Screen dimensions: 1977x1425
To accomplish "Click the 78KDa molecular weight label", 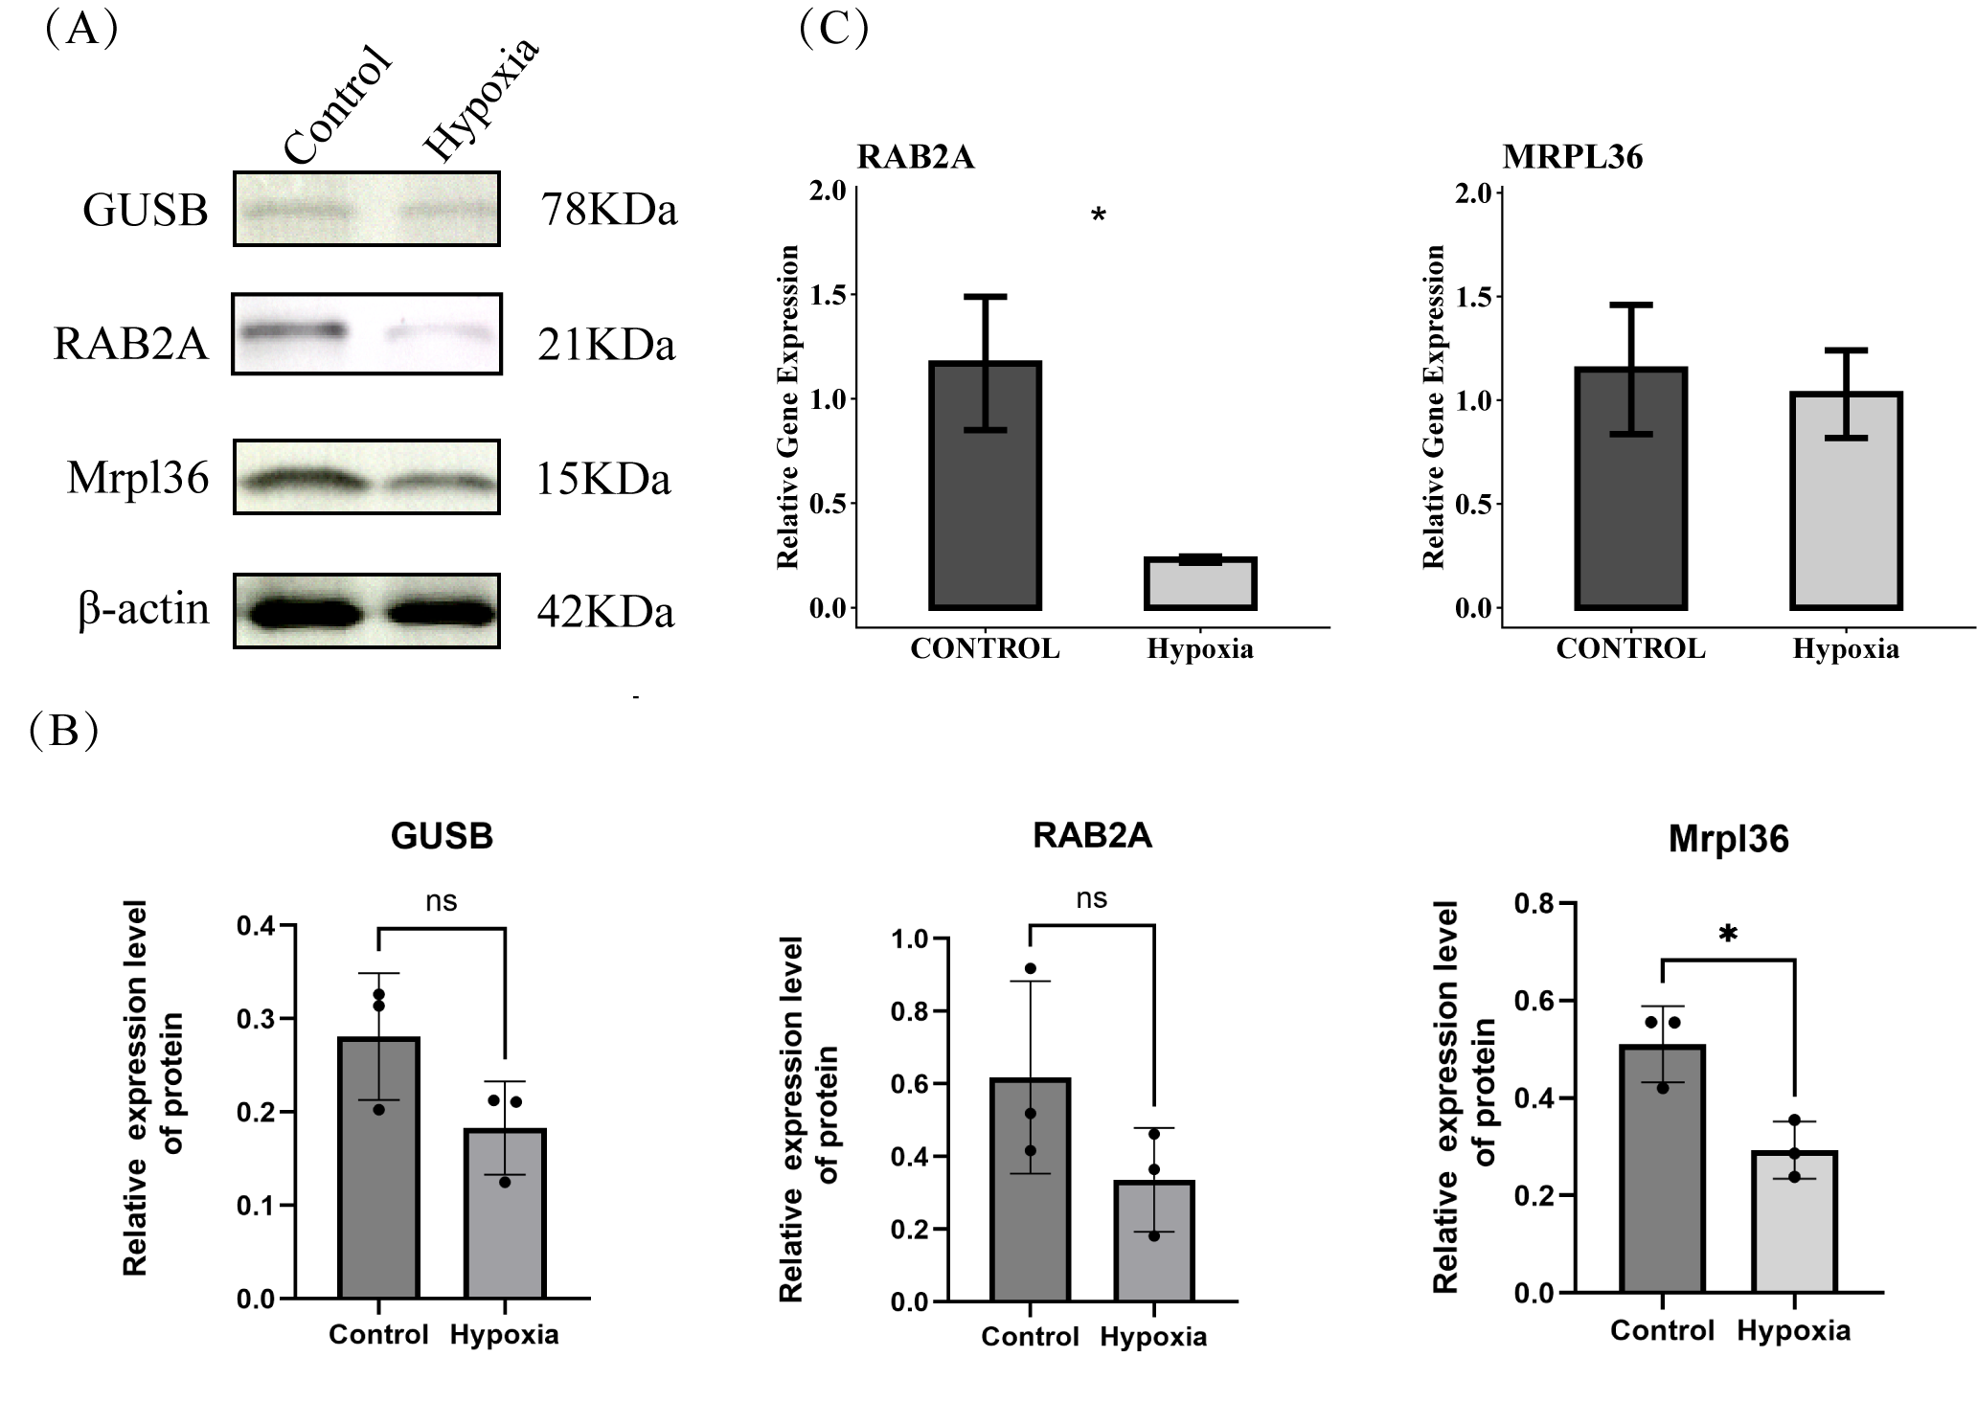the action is coord(609,210).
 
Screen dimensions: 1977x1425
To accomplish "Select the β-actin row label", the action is coord(144,610).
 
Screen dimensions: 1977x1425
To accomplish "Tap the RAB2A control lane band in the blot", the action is coord(293,331).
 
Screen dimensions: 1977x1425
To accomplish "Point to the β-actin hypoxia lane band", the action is coord(442,612).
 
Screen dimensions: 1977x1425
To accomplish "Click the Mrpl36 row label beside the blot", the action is coord(138,478).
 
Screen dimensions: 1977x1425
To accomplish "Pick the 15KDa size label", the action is coord(603,479).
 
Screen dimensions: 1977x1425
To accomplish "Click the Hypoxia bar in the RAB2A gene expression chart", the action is coord(1200,583).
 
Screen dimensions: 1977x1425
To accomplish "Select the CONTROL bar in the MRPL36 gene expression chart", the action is coord(1630,488).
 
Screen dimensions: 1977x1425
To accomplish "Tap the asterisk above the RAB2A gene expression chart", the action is coord(1099,215).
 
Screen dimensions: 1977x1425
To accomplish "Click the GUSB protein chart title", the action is coord(442,836).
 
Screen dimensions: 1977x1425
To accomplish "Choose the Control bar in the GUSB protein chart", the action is coord(379,1167).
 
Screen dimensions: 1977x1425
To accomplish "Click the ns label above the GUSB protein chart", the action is coord(442,900).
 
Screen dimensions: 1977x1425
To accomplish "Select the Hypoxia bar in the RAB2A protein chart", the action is coord(1154,1241).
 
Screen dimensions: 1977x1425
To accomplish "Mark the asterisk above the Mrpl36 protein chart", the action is coord(1728,935).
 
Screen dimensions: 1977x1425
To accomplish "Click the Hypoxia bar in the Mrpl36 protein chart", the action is coord(1794,1222).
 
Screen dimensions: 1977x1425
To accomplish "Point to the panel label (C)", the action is coord(833,29).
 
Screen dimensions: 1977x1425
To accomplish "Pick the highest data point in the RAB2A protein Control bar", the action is coord(1031,968).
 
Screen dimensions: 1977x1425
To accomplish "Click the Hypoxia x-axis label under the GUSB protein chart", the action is coord(504,1335).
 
